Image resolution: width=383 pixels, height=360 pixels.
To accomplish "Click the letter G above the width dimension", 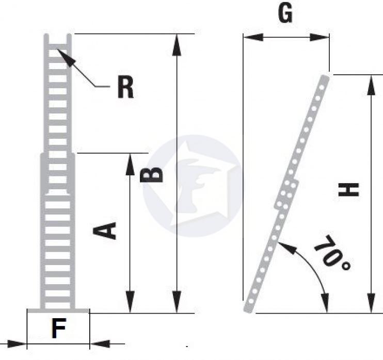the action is tap(285, 13).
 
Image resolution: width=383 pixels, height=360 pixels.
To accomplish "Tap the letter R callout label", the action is tap(125, 87).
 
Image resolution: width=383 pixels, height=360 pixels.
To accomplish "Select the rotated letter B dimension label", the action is tap(151, 175).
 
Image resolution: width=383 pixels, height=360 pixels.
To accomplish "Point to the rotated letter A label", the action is tap(105, 231).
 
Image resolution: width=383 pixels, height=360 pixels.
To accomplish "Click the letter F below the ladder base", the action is tap(59, 329).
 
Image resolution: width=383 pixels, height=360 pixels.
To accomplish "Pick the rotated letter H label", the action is tap(348, 190).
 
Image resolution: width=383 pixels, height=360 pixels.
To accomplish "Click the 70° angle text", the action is tap(333, 253).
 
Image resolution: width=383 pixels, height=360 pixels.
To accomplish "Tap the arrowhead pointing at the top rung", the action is tap(66, 58).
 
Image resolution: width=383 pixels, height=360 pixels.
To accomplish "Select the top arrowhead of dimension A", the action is tap(130, 164).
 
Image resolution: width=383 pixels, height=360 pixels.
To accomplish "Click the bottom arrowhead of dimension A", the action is tap(130, 302).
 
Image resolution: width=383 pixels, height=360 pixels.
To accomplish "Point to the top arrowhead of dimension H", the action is tap(371, 86).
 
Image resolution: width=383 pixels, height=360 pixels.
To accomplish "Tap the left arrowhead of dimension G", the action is tap(253, 37).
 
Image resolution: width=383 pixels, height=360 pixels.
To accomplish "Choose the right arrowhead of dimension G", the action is tap(319, 37).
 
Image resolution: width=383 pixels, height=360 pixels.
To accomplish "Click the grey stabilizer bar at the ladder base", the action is tap(58, 310).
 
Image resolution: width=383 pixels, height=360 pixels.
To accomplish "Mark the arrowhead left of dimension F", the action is tap(17, 344).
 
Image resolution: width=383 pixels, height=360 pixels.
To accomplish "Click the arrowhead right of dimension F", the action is tap(100, 344).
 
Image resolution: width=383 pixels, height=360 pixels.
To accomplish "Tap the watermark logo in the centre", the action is tap(193, 186).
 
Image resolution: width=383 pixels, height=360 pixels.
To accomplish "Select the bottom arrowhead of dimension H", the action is tap(371, 303).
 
